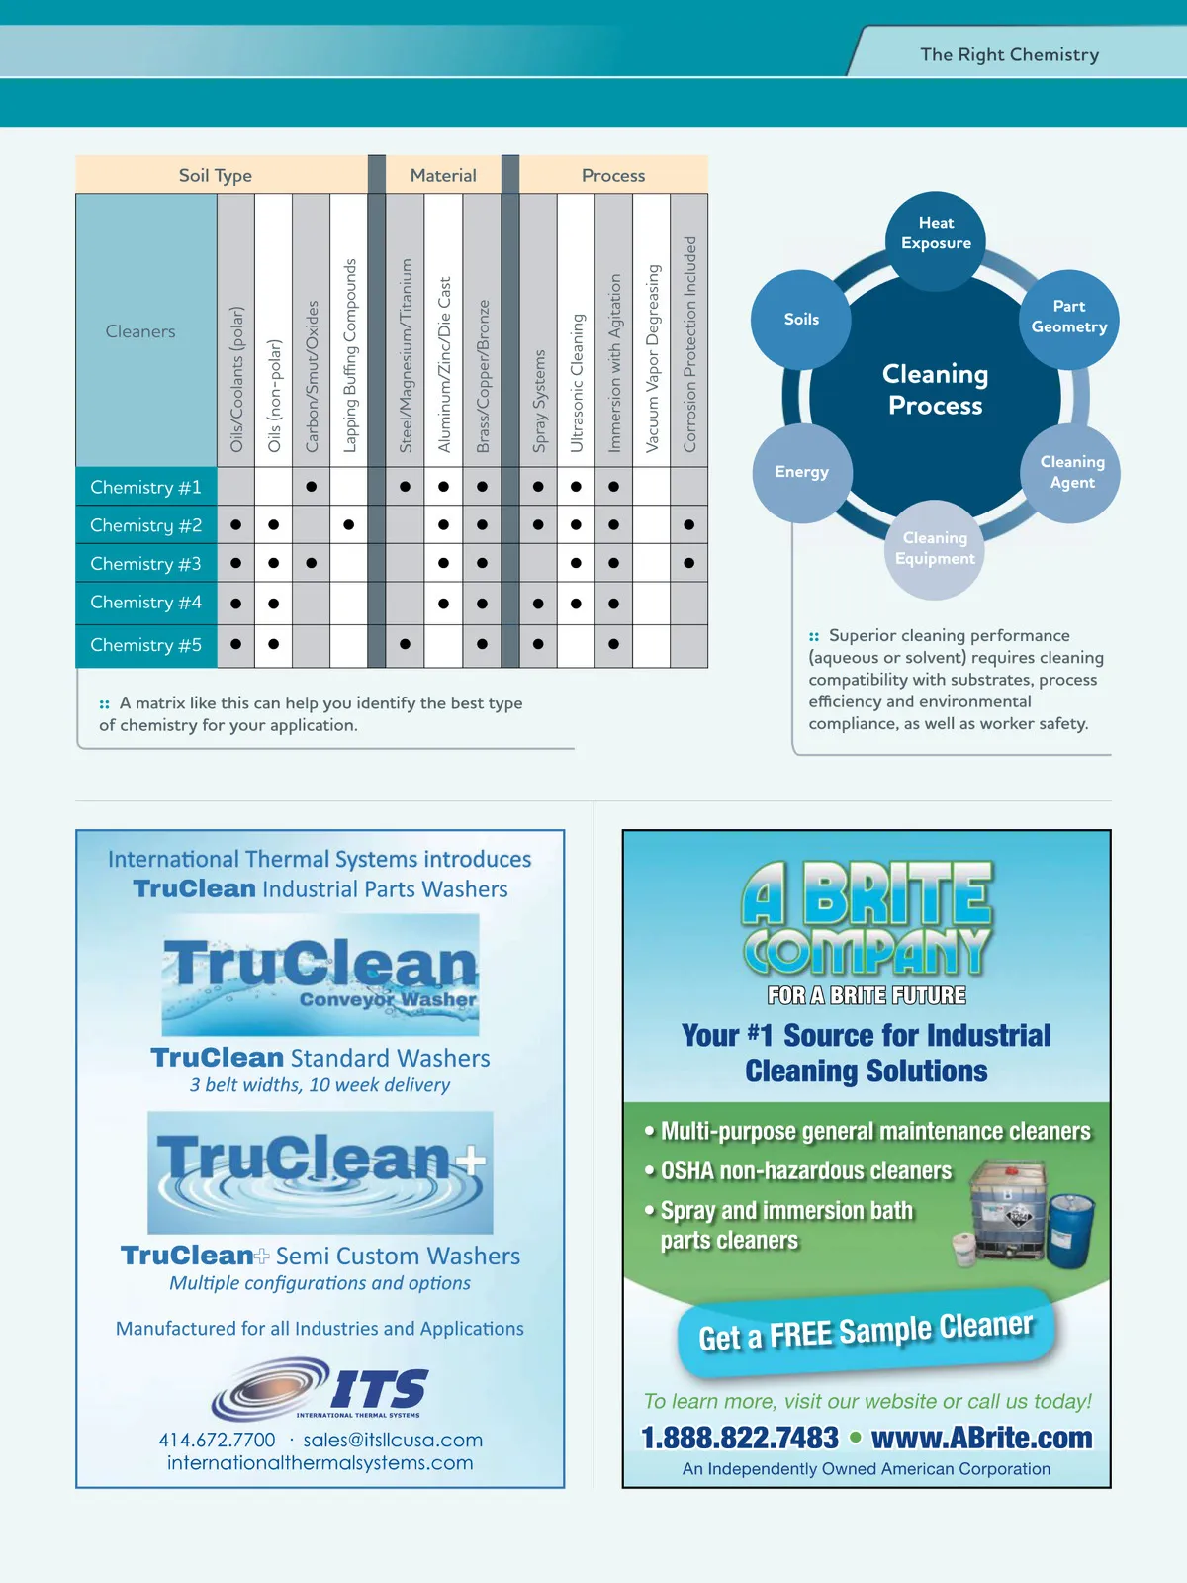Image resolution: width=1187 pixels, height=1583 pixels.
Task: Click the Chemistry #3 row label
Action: click(x=145, y=564)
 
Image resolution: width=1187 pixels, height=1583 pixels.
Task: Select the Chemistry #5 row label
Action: click(x=145, y=645)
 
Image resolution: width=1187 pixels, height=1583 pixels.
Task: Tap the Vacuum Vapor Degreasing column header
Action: click(x=652, y=358)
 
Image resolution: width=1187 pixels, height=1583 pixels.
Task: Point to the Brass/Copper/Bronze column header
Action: click(x=483, y=376)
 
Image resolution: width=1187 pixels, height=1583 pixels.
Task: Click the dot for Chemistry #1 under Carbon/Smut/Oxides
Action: click(x=312, y=486)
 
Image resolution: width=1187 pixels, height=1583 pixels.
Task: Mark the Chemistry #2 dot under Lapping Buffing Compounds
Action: click(x=349, y=524)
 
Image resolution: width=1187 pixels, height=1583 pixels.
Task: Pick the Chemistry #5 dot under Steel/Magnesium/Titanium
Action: click(x=406, y=644)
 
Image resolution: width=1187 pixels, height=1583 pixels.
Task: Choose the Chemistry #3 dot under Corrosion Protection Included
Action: click(x=689, y=563)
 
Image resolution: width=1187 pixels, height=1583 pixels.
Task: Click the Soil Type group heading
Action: click(x=216, y=175)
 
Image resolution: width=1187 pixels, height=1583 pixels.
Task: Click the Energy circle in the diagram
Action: click(x=802, y=472)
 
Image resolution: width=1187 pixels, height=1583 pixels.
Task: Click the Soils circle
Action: click(x=801, y=319)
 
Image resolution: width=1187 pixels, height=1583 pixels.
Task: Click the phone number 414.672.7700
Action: click(x=218, y=1440)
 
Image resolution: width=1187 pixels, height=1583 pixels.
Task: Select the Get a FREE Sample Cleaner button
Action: click(x=866, y=1332)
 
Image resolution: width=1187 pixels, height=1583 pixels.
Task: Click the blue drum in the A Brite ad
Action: click(x=1072, y=1229)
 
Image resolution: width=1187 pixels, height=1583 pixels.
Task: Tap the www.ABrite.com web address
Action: click(x=982, y=1438)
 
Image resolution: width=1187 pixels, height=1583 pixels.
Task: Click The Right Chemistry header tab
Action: click(x=1009, y=55)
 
